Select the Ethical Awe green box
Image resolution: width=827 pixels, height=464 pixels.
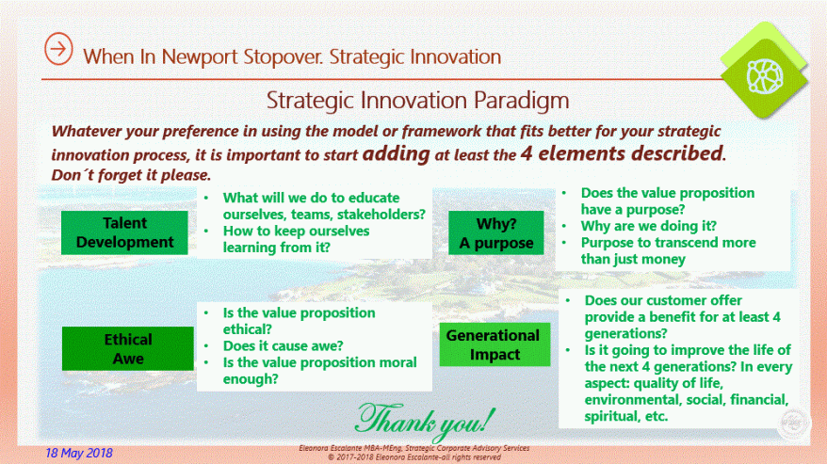[x=128, y=348]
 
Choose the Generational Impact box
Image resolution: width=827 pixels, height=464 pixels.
[x=493, y=344]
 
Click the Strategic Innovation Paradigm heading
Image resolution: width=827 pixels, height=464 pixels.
[x=417, y=99]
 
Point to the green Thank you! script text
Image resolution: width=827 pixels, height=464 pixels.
[x=423, y=415]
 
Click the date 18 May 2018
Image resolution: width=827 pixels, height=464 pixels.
[x=79, y=453]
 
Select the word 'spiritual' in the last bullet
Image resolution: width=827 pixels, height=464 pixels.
[x=614, y=416]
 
